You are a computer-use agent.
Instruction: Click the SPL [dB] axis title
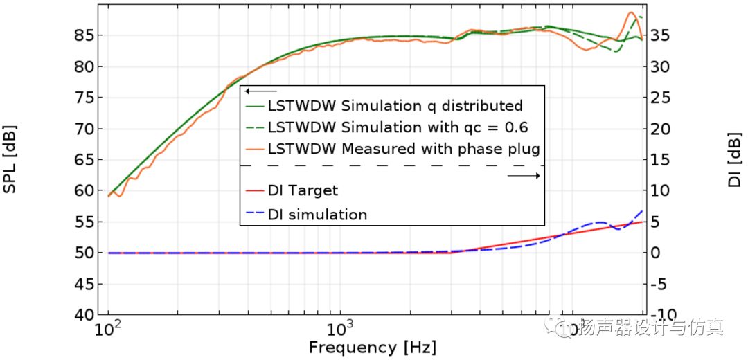point(10,159)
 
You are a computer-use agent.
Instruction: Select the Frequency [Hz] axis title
point(373,347)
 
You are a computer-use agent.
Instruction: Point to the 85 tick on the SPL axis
point(84,35)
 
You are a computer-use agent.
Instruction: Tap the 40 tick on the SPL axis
point(84,315)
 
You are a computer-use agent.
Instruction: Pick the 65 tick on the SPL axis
point(84,160)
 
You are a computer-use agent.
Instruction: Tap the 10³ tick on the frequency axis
point(340,328)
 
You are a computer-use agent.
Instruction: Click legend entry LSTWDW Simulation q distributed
point(395,106)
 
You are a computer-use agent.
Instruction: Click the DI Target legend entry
point(303,190)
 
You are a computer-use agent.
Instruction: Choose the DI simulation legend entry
point(317,215)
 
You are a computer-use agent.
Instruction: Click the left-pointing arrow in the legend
point(260,91)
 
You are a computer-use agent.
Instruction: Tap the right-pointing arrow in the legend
point(524,176)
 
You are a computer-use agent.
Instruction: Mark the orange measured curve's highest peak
point(631,12)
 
